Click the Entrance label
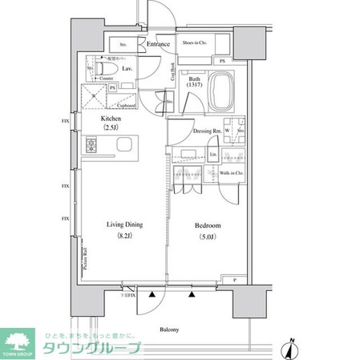pyautogui.click(x=158, y=44)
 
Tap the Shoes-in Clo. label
pyautogui.click(x=196, y=42)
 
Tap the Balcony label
pyautogui.click(x=169, y=330)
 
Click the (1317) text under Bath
pyautogui.click(x=195, y=88)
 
